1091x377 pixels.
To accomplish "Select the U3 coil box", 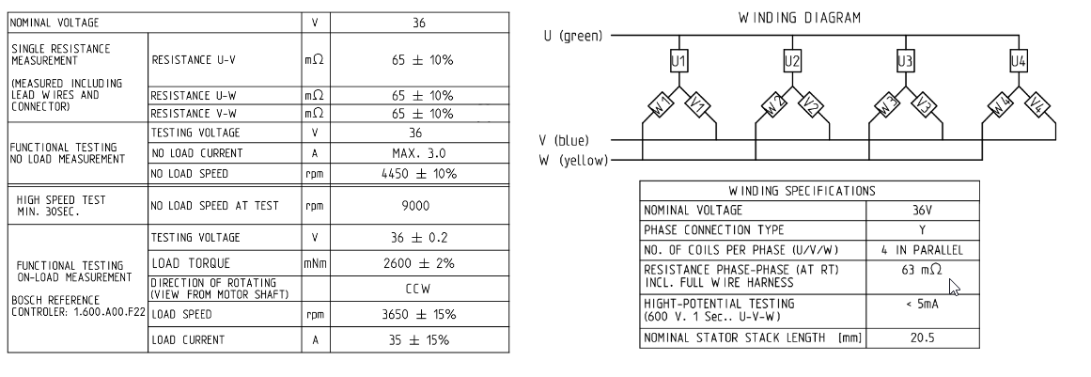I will pos(905,60).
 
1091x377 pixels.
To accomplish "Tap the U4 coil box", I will pos(1018,60).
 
